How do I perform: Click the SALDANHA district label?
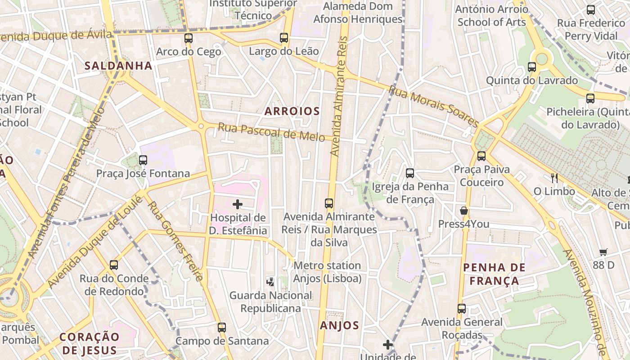pyautogui.click(x=118, y=66)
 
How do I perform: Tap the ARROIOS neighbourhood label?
pyautogui.click(x=292, y=111)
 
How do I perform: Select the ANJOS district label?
pyautogui.click(x=339, y=325)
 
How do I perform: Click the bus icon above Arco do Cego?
pyautogui.click(x=189, y=38)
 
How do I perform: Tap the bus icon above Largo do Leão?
pyautogui.click(x=284, y=38)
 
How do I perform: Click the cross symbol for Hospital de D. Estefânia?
pyautogui.click(x=238, y=205)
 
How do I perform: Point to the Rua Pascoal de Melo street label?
pyautogui.click(x=271, y=132)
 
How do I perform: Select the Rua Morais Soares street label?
pyautogui.click(x=433, y=107)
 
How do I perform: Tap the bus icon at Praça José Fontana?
pyautogui.click(x=143, y=160)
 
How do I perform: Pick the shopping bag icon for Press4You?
pyautogui.click(x=464, y=211)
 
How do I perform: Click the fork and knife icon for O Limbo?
pyautogui.click(x=554, y=178)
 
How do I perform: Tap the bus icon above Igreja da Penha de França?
pyautogui.click(x=410, y=173)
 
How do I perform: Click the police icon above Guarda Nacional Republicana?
pyautogui.click(x=270, y=282)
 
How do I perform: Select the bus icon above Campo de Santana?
pyautogui.click(x=221, y=328)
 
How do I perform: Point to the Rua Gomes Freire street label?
pyautogui.click(x=175, y=241)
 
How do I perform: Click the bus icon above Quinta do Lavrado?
pyautogui.click(x=532, y=67)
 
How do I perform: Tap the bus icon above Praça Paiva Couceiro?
pyautogui.click(x=481, y=156)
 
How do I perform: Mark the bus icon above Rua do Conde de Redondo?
pyautogui.click(x=114, y=265)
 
